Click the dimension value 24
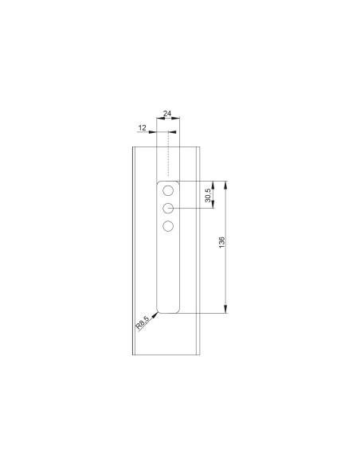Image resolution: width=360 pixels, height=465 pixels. click(168, 115)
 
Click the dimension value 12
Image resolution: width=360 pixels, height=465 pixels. click(141, 128)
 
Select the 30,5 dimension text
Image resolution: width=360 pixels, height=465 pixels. click(208, 196)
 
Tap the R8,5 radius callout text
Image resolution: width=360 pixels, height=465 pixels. click(143, 322)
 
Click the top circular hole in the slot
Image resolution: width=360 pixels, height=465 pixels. click(169, 191)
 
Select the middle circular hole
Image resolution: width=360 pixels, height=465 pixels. click(169, 209)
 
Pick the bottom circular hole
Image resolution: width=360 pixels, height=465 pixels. click(169, 226)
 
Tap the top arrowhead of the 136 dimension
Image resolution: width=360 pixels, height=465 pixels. click(227, 185)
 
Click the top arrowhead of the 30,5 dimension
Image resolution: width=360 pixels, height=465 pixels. click(213, 185)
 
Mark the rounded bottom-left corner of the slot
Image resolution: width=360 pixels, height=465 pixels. click(159, 308)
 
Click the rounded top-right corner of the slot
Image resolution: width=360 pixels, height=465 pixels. click(178, 185)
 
